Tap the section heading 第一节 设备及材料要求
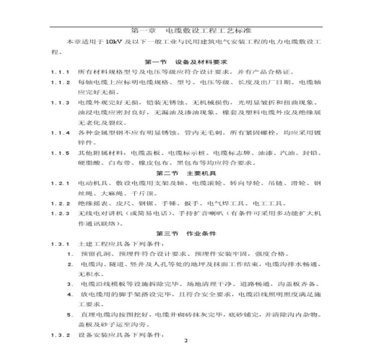tap(186, 62)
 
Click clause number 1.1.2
tap(60, 82)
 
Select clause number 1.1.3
tap(60, 103)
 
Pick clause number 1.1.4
tap(60, 133)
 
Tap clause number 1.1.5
tap(60, 153)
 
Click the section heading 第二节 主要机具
tap(186, 173)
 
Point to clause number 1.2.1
tap(60, 183)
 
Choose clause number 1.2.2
tap(60, 204)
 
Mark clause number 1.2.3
tap(60, 213)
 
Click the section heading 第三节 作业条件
tap(186, 234)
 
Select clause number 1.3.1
tap(60, 244)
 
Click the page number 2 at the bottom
tap(186, 341)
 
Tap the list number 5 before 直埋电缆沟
tap(70, 315)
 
